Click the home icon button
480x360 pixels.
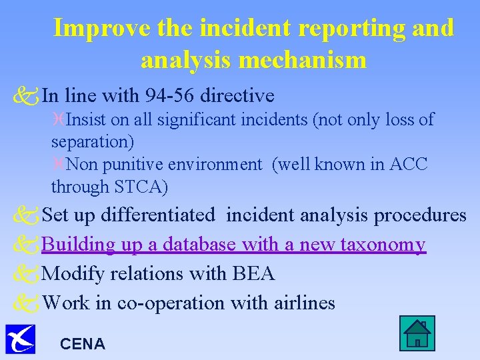[x=417, y=333]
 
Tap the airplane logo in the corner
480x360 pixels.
[x=20, y=338]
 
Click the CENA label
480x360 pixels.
[x=83, y=344]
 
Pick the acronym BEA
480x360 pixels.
[x=253, y=273]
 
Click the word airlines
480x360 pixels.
[x=305, y=303]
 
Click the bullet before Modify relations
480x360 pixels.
[x=26, y=274]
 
